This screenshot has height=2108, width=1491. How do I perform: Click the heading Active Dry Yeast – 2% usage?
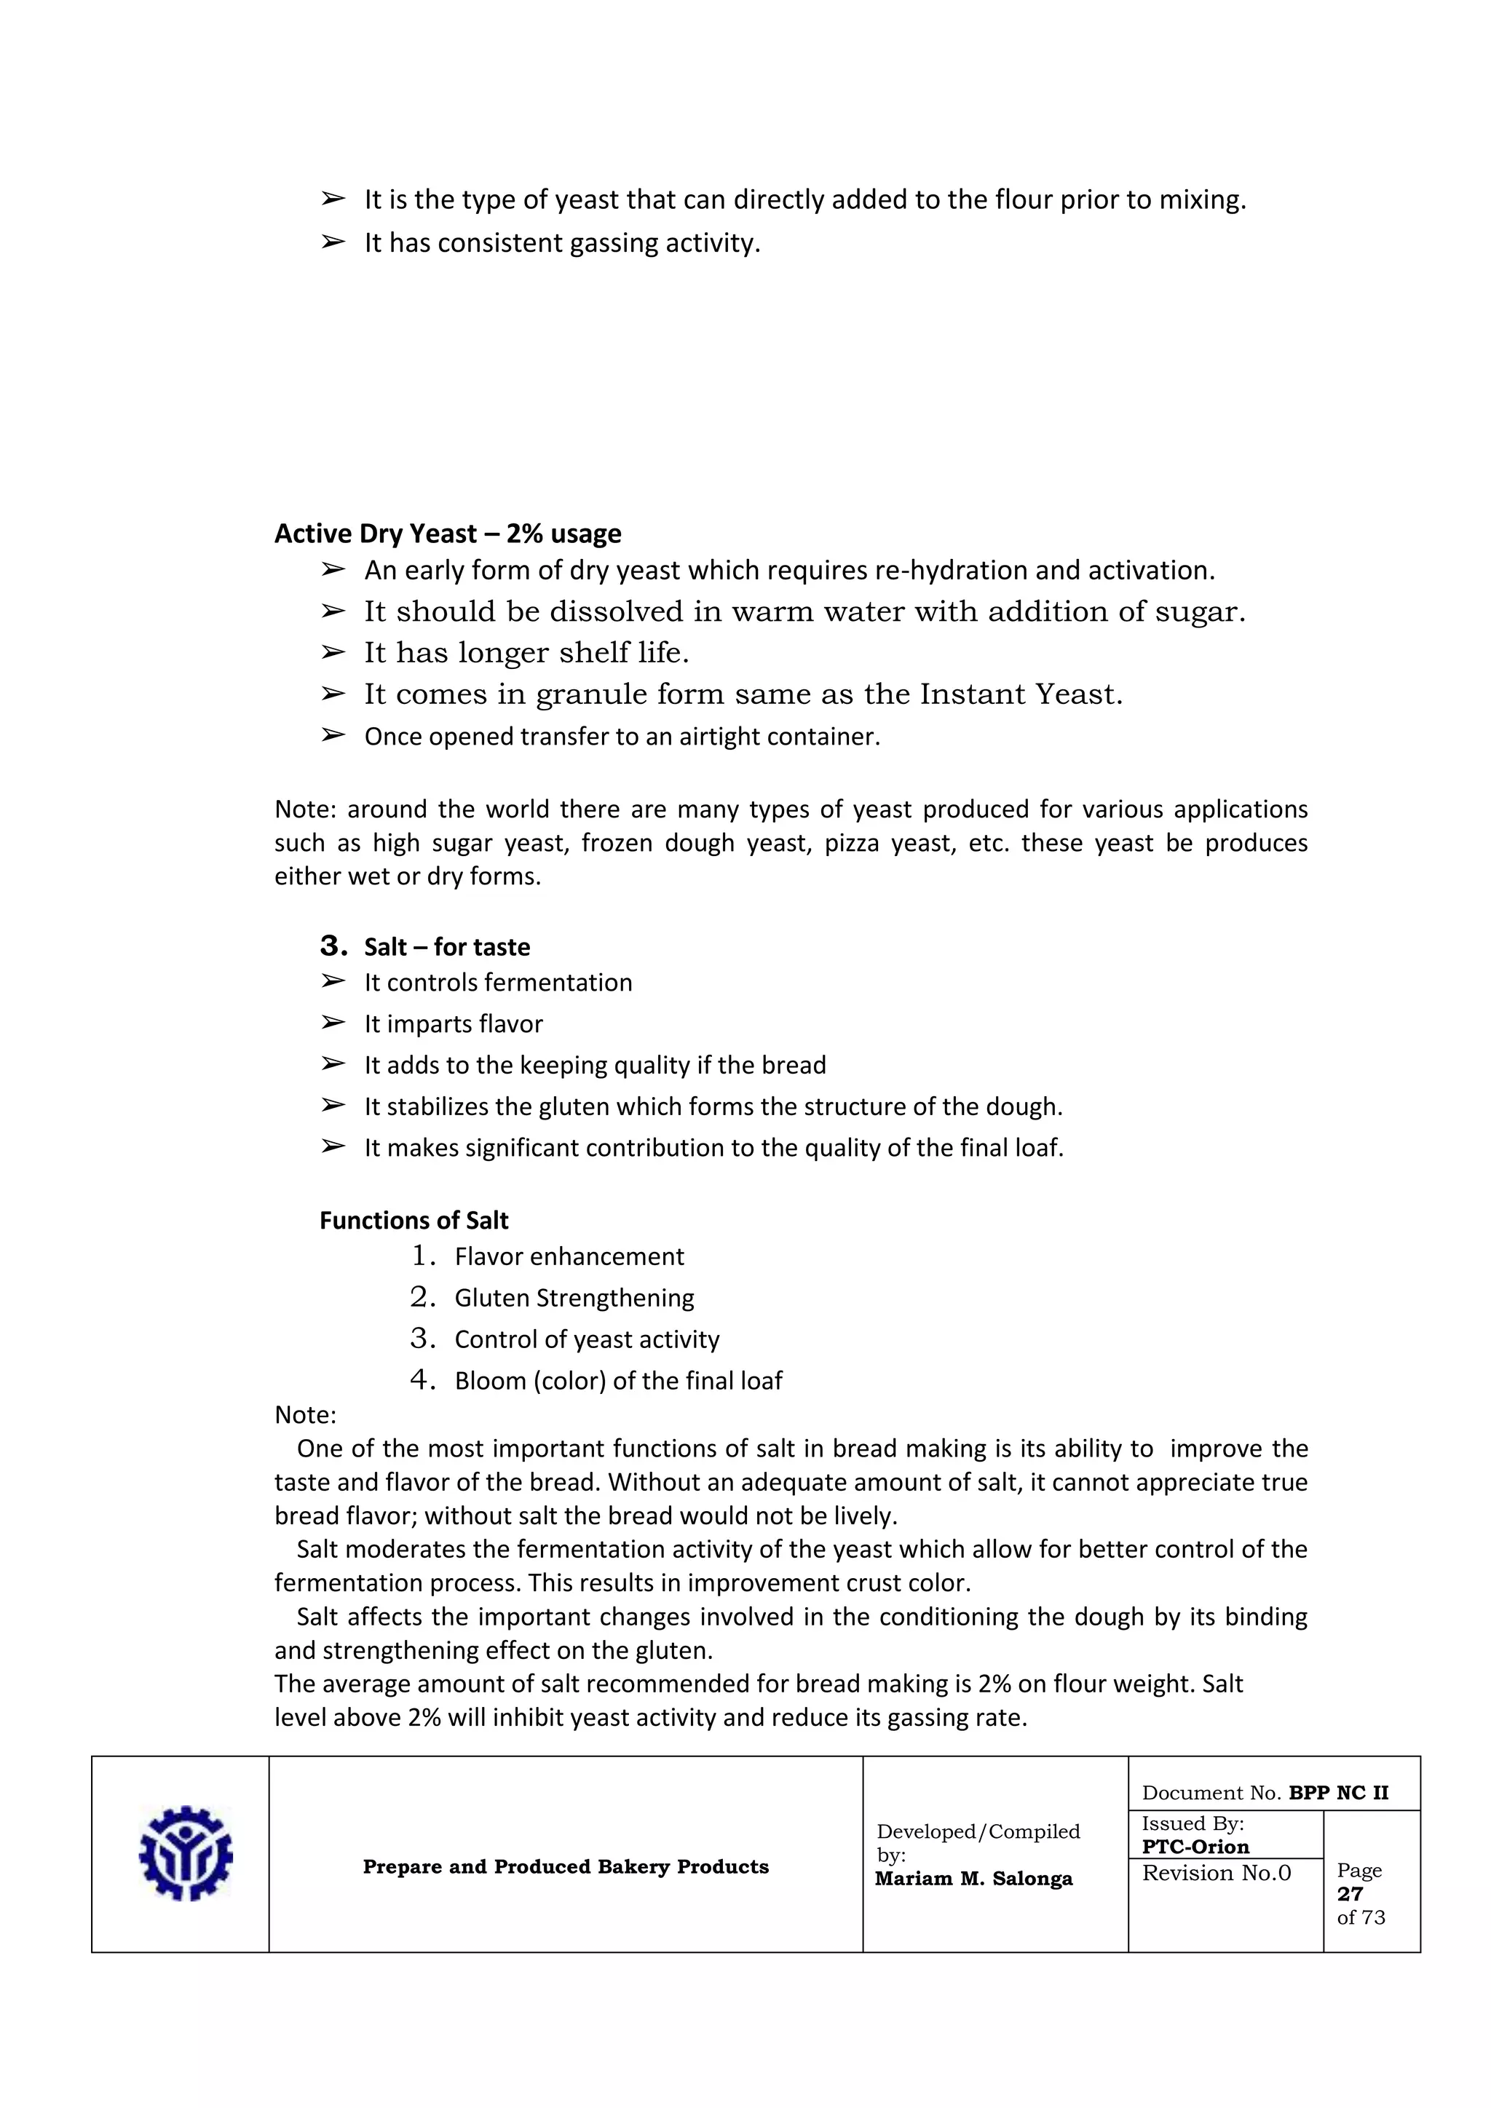[x=447, y=534]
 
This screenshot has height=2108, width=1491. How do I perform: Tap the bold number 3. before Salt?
[x=333, y=946]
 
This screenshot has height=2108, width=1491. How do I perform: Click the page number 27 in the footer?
[x=1350, y=1893]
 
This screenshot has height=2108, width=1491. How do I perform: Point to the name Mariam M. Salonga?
[x=973, y=1879]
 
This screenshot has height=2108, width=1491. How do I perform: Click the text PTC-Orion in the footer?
[x=1195, y=1847]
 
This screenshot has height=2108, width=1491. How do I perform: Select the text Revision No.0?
[x=1216, y=1873]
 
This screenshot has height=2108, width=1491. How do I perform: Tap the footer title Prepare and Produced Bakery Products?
[x=566, y=1866]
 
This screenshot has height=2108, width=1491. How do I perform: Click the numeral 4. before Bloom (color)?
[x=422, y=1379]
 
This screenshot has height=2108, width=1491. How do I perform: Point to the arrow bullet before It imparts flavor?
[x=333, y=1022]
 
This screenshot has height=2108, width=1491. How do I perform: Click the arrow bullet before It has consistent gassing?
[x=333, y=242]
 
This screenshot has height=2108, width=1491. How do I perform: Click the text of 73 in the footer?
[x=1361, y=1917]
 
